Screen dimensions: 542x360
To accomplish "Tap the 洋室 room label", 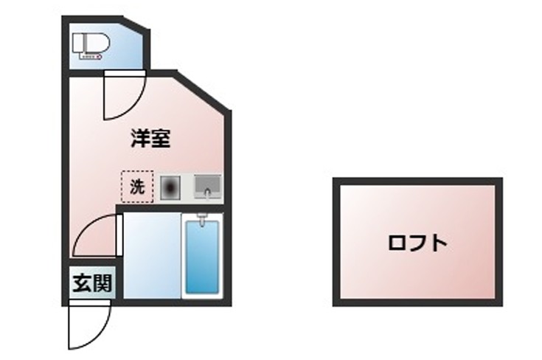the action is (151, 139).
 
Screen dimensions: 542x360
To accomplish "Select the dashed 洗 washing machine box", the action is (137, 187).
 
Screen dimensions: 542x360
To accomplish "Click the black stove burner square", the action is (170, 187).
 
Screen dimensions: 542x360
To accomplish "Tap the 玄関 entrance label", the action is (92, 283).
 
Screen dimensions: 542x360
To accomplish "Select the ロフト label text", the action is (417, 243).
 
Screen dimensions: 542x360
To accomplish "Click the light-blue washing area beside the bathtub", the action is (151, 255).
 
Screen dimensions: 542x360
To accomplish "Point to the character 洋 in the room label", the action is (141, 139).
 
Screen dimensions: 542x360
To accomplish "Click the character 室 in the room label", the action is (161, 139).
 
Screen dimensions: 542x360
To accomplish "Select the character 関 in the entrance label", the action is (103, 283).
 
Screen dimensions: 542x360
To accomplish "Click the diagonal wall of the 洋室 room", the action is (203, 92).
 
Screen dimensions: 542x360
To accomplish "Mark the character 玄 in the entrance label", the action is (82, 283).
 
